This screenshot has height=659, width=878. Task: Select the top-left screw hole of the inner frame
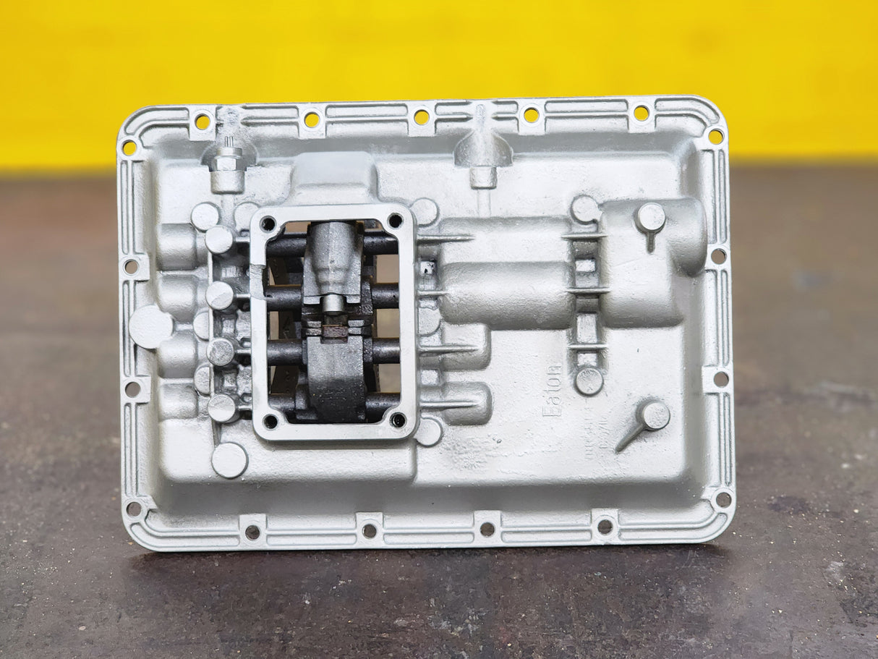click(x=268, y=224)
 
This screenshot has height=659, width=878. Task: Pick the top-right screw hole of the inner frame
click(x=395, y=220)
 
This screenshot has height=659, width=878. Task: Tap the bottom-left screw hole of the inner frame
click(x=270, y=420)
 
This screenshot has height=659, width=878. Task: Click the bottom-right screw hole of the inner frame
click(x=398, y=420)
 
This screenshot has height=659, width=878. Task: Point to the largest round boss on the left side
click(x=150, y=326)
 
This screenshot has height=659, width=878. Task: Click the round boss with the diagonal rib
click(x=655, y=415)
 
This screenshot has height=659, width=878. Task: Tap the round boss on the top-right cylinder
click(x=650, y=217)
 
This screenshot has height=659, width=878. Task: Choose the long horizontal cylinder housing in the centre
click(x=506, y=295)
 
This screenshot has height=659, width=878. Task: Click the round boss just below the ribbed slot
click(x=589, y=380)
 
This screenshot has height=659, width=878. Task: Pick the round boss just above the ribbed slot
click(x=585, y=209)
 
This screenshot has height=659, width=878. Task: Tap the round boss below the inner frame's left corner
click(x=229, y=460)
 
